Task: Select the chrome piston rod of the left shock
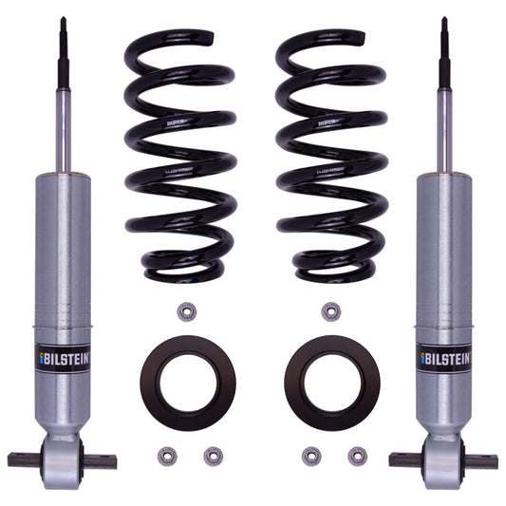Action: click(63, 123)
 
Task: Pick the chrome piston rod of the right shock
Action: click(443, 123)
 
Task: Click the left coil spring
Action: click(179, 157)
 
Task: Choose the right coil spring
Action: click(330, 157)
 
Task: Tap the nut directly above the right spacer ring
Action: click(330, 311)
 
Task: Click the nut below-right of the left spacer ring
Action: click(213, 456)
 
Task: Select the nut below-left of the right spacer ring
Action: click(311, 456)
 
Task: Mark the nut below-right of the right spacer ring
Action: click(358, 456)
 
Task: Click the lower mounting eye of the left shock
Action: click(63, 461)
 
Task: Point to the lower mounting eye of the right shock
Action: click(443, 461)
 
